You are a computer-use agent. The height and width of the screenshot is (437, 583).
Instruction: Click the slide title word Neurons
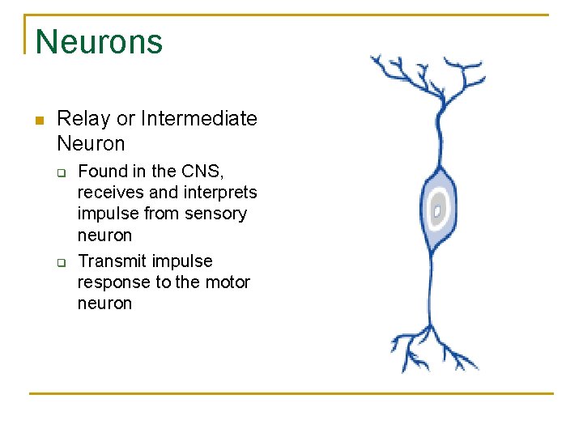[99, 41]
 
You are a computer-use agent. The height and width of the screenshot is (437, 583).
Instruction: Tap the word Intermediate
[198, 119]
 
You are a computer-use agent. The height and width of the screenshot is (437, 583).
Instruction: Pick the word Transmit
[104, 261]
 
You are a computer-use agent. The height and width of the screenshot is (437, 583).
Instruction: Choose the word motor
[228, 282]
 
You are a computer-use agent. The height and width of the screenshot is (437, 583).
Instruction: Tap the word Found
[101, 172]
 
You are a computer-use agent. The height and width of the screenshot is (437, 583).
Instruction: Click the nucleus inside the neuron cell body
[437, 210]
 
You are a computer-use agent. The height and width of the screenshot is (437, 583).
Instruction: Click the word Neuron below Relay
[91, 144]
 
